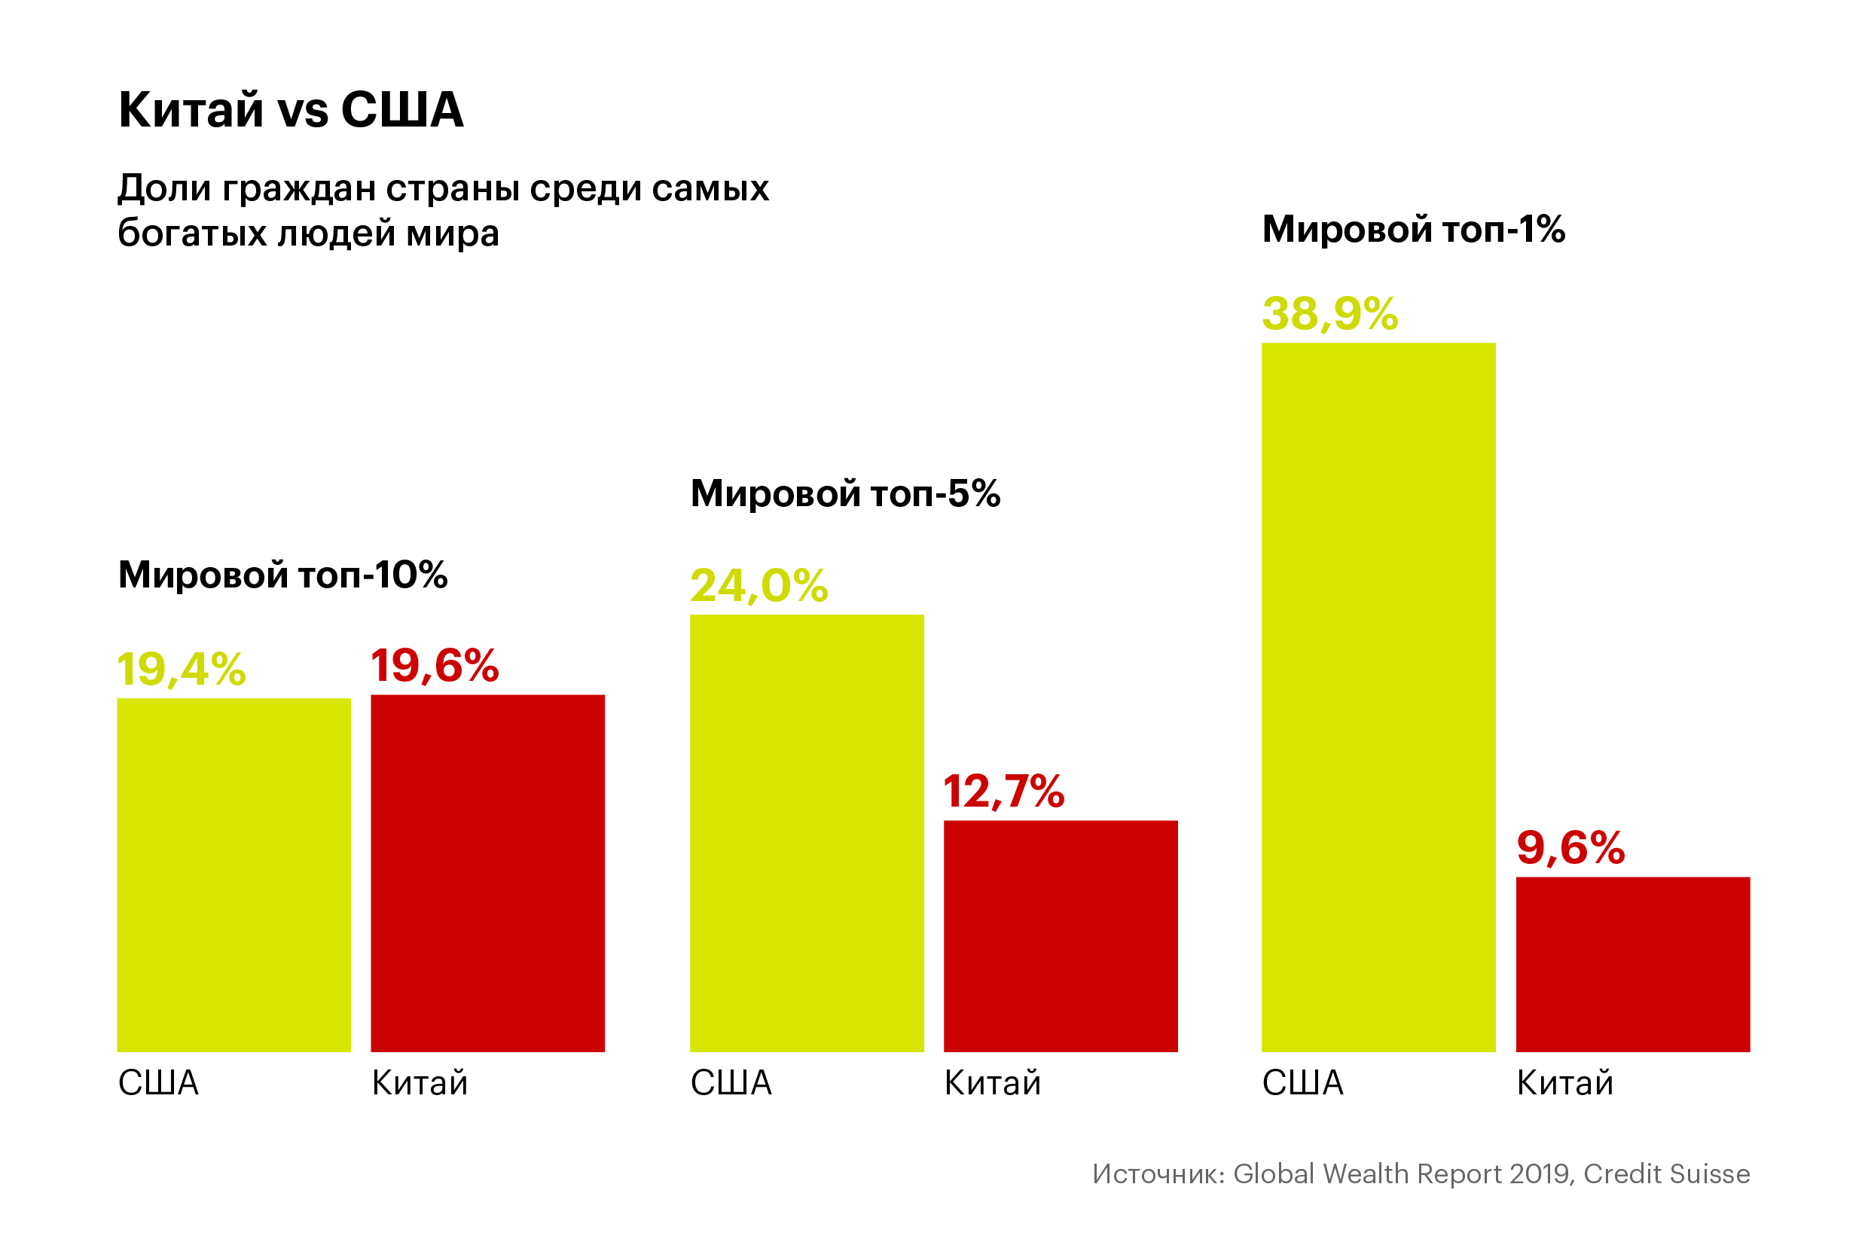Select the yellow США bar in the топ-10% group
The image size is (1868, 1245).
tap(233, 875)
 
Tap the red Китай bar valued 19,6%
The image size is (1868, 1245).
tap(487, 874)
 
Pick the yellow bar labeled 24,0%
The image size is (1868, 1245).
tap(807, 833)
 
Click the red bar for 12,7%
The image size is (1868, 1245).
tap(1061, 936)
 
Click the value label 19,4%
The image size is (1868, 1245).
tap(181, 670)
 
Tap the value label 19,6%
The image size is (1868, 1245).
tap(435, 665)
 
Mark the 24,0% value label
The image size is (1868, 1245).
tap(759, 586)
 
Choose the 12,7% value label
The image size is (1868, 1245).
tap(1003, 792)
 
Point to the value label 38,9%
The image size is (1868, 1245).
tap(1329, 313)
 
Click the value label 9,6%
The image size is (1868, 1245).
tap(1570, 848)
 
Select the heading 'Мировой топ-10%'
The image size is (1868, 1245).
tap(282, 575)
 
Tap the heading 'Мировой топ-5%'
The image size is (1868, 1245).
tap(844, 494)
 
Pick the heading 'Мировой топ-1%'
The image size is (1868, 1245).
tap(1413, 230)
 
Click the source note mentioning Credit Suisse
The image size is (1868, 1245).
tap(1421, 1173)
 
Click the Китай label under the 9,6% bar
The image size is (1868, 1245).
tap(1564, 1083)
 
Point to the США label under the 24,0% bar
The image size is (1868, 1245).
tap(731, 1083)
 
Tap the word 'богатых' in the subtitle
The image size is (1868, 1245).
tap(191, 233)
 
